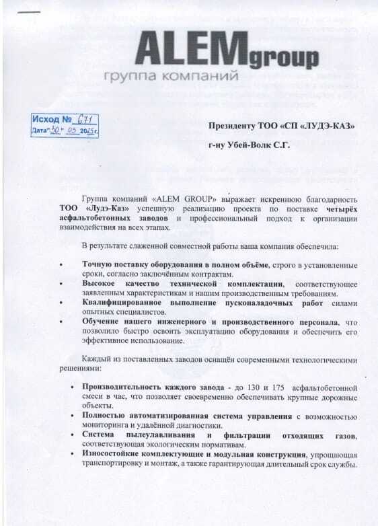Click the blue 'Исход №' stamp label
point(53,118)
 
